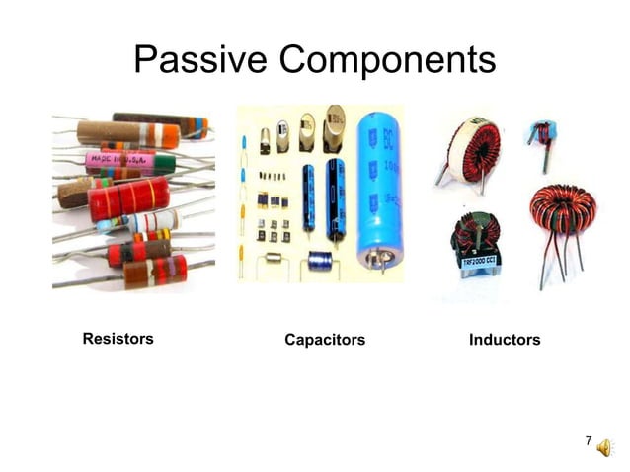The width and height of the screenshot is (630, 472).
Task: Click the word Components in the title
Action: click(387, 61)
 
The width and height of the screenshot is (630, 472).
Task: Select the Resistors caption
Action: click(118, 339)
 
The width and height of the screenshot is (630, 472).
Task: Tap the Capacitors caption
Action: click(325, 340)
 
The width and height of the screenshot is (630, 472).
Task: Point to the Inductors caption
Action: click(505, 340)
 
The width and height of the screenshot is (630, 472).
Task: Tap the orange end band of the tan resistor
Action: click(170, 133)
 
